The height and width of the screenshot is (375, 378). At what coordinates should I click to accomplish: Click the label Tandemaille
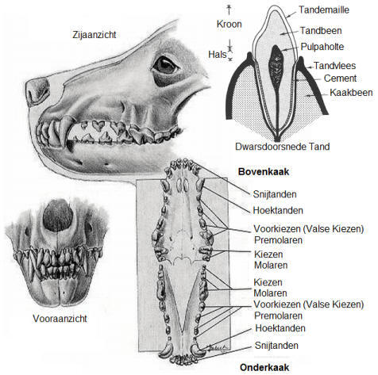(324, 10)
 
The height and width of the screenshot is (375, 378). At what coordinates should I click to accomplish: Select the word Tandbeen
(321, 31)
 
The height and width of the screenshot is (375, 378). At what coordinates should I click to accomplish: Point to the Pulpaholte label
(322, 47)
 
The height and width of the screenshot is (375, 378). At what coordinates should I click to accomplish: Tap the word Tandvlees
(334, 66)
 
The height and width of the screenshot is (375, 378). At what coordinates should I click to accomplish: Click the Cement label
(340, 78)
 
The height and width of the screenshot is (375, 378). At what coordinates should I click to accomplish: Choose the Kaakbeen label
(351, 93)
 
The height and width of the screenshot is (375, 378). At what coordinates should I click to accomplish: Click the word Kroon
(229, 24)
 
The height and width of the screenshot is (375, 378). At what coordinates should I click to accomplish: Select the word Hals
(218, 55)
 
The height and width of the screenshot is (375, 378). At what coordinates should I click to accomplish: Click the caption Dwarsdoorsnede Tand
(283, 147)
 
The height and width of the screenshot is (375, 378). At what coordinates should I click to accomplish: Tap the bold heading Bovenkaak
(264, 171)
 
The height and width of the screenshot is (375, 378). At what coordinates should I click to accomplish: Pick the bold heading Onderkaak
(264, 367)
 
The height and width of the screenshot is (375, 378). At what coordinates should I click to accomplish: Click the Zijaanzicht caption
(94, 35)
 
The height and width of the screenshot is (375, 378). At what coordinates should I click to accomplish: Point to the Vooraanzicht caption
(60, 319)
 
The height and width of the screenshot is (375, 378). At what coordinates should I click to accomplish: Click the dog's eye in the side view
(164, 65)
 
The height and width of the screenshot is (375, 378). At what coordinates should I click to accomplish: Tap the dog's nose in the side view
(37, 91)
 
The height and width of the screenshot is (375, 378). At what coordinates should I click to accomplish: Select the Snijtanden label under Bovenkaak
(275, 194)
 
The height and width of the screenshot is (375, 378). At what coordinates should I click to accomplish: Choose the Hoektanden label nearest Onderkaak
(280, 328)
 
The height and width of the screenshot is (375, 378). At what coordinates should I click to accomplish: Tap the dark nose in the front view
(58, 216)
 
